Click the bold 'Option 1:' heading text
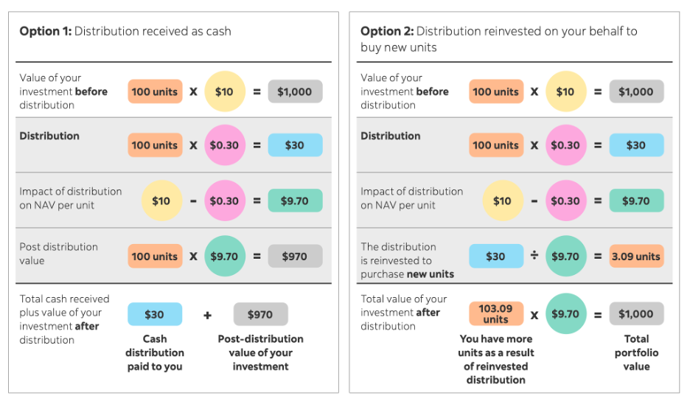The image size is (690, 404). [x=45, y=31]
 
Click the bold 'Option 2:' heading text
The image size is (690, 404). [x=386, y=31]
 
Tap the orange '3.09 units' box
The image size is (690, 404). [x=636, y=257]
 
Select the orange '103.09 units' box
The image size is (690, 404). [x=495, y=314]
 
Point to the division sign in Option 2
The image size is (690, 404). [x=534, y=256]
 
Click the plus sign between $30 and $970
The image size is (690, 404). [x=207, y=315]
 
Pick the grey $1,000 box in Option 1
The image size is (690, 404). [x=295, y=91]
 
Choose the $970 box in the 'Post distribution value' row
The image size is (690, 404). [x=295, y=257]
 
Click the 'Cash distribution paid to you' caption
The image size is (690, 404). [x=155, y=352]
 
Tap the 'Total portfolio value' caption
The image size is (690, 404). [x=636, y=352]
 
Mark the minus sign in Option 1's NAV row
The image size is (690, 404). [x=193, y=201]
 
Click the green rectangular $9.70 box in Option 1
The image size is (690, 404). [x=295, y=201]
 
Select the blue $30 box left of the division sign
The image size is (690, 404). [x=495, y=257]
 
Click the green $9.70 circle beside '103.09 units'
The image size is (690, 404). [x=565, y=314]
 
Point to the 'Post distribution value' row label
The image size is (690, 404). [x=58, y=254]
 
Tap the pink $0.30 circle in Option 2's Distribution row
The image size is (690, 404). [x=565, y=145]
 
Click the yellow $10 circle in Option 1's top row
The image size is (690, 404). [x=224, y=91]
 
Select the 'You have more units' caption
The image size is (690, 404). [x=496, y=359]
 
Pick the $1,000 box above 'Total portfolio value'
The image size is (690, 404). [x=636, y=314]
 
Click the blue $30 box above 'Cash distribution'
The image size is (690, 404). [x=155, y=315]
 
